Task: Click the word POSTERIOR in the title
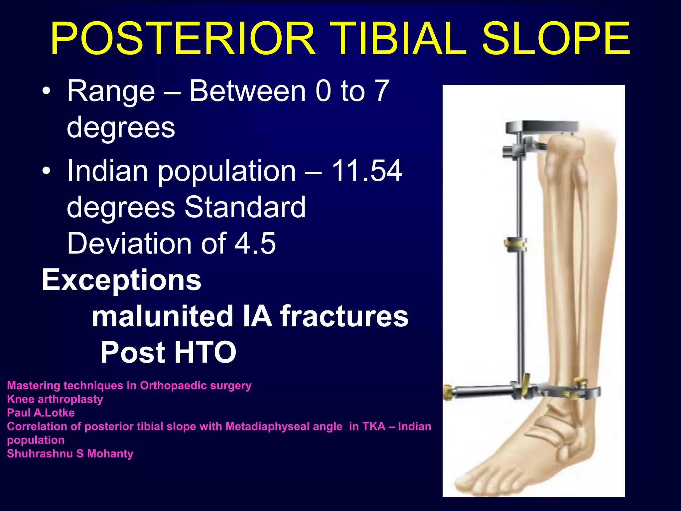click(x=183, y=38)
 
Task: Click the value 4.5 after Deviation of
click(x=255, y=243)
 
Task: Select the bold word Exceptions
click(x=121, y=280)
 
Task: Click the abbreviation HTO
click(x=205, y=353)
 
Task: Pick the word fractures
click(x=344, y=316)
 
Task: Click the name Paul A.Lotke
click(x=41, y=413)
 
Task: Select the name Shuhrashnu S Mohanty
click(x=70, y=454)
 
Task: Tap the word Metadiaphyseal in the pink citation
click(x=284, y=426)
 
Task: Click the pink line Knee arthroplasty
click(x=55, y=399)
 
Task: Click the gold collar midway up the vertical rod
click(x=515, y=245)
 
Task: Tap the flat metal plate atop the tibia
click(x=542, y=127)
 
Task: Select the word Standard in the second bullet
click(x=245, y=207)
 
